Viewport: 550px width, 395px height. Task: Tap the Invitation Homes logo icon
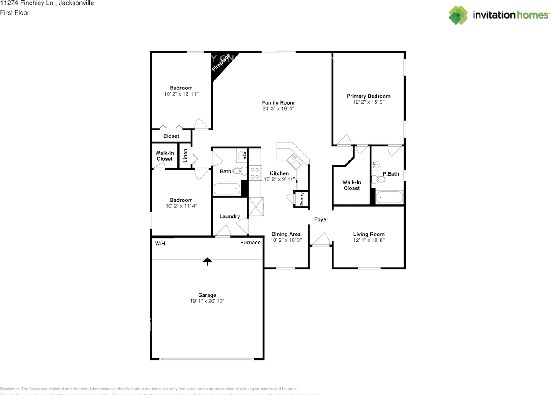[x=458, y=15]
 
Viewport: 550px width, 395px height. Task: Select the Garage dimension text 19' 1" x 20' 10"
[x=207, y=301]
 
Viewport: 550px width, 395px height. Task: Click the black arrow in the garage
[x=208, y=261]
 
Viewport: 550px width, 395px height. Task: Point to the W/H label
[x=160, y=244]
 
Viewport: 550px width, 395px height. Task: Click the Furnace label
[x=250, y=243]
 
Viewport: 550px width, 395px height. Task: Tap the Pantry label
[x=302, y=199]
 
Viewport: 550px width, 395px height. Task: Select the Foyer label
[x=321, y=219]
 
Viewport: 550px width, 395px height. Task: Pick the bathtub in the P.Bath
[x=389, y=197]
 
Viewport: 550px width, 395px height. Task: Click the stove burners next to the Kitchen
[x=255, y=173]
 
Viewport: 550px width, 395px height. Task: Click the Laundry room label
[x=229, y=216]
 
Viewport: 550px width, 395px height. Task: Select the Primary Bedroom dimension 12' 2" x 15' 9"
[x=368, y=102]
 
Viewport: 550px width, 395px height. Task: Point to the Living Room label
[x=369, y=235]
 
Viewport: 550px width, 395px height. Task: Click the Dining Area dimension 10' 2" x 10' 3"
[x=286, y=241]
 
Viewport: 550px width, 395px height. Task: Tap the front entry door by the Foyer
[x=321, y=240]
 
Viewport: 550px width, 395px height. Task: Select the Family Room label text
[x=278, y=102]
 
